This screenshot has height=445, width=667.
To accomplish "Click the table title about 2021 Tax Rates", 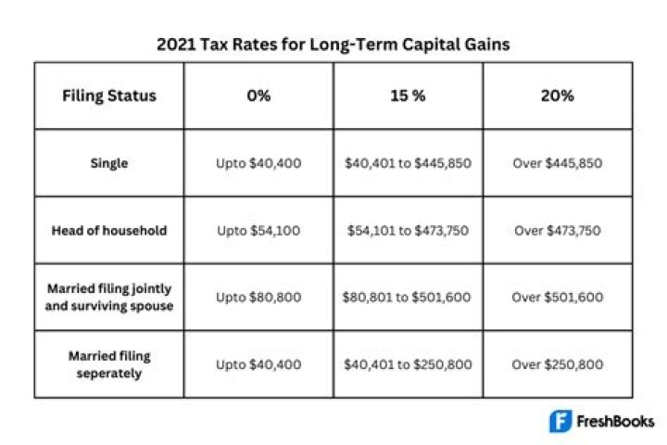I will [333, 43].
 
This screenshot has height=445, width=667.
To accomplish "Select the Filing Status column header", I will [109, 95].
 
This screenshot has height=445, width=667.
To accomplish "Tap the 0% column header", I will [258, 95].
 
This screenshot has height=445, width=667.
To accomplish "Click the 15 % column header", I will [408, 95].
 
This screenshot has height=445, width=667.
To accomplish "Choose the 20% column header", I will [558, 95].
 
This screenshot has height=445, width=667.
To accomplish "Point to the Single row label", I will [109, 163].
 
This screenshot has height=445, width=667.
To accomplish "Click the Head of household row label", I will [109, 230].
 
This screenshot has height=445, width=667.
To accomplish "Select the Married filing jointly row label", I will [109, 298].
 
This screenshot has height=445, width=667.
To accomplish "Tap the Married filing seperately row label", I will [109, 364].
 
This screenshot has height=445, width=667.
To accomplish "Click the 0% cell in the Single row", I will [258, 163].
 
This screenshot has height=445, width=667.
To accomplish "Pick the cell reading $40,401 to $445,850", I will [408, 163].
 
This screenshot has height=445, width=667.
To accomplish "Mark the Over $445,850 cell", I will [558, 163].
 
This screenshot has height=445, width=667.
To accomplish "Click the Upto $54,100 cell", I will [258, 230].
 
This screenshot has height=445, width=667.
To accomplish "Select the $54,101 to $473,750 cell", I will [408, 230].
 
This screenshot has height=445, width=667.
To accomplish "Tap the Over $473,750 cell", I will [558, 230].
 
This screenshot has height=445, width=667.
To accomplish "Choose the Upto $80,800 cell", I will [258, 298].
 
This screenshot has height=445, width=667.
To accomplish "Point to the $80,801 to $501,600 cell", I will [408, 298].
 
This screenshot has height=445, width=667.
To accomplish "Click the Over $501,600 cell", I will [558, 298].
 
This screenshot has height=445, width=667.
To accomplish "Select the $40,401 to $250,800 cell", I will [408, 364].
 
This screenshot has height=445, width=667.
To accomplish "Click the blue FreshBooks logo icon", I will [560, 421].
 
